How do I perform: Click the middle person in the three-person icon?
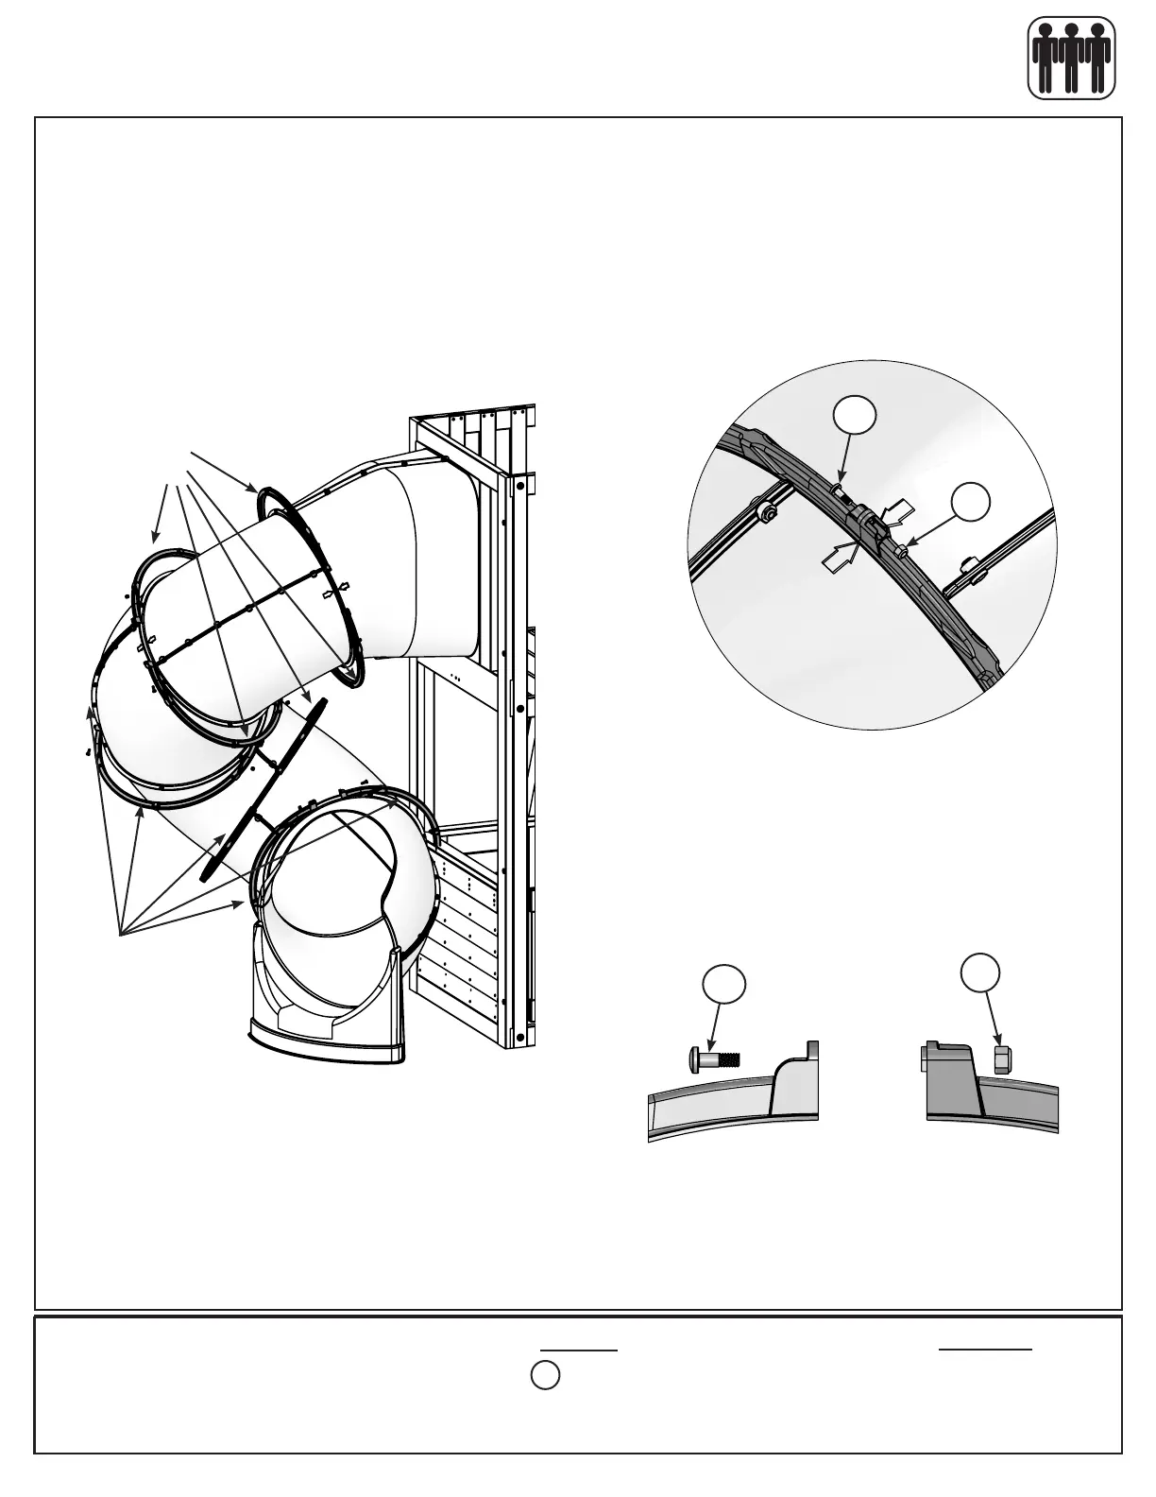click(1071, 59)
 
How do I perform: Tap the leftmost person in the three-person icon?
click(1045, 59)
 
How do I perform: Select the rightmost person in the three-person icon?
click(1097, 59)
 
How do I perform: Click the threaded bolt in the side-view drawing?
click(712, 1055)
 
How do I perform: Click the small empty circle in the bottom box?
click(544, 1375)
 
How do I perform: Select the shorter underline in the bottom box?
click(578, 1350)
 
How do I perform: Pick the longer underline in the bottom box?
click(985, 1349)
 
